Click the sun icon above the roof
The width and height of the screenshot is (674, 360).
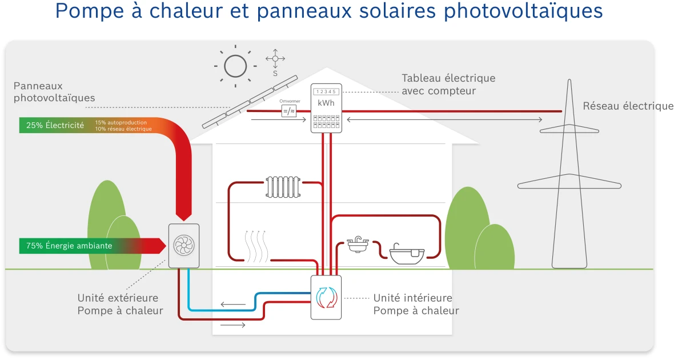pos(235,66)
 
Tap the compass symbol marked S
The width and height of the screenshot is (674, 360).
pos(275,59)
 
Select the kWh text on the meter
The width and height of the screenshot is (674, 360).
pos(326,103)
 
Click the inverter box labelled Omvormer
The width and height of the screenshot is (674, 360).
pos(288,110)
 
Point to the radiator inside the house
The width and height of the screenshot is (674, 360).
pos(283,187)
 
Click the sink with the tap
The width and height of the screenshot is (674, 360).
pos(357,245)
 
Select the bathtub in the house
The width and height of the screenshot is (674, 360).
pos(407,254)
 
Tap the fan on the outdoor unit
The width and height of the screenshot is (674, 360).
pos(184,246)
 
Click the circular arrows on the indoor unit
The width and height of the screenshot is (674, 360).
pos(326,297)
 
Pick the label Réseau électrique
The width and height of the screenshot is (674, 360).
pos(628,106)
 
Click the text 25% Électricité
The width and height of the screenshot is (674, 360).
pos(55,125)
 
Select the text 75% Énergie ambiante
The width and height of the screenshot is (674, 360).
pos(69,246)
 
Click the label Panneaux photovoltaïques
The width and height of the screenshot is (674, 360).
pos(54,92)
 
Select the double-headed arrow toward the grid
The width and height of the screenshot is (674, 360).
pos(444,119)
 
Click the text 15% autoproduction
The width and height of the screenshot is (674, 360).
pos(121,122)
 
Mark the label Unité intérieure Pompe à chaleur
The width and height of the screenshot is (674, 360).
pos(415,305)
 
